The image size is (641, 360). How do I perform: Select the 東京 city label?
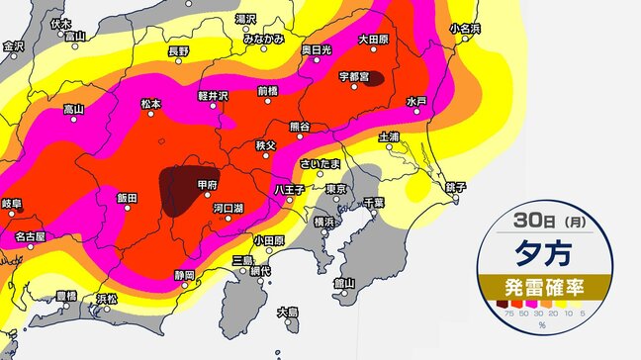click(x=337, y=188)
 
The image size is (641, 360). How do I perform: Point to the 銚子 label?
click(x=455, y=186)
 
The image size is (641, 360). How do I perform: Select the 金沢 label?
click(x=13, y=45)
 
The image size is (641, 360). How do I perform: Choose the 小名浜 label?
click(x=466, y=29)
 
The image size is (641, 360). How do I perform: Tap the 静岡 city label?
click(x=183, y=274)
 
